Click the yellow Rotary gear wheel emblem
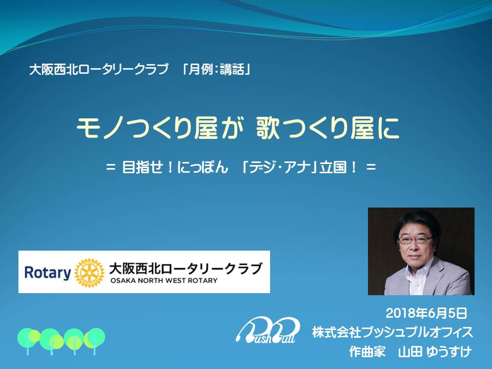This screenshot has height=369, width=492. pos(89,273)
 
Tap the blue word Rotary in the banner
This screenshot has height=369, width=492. pos(48,273)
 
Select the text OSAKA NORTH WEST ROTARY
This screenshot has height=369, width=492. pos(164,280)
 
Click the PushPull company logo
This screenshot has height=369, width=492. pos(268,330)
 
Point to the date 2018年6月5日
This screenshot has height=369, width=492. pos(426,313)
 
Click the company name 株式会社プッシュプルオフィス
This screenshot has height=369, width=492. pos(393,332)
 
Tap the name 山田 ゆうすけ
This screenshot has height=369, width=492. pos(435,352)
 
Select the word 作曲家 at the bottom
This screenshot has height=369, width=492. pos(367,352)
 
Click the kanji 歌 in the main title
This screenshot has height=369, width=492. pos(268,128)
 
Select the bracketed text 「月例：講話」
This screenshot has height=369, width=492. pos(216,69)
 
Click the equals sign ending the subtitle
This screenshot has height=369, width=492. pos(371,167)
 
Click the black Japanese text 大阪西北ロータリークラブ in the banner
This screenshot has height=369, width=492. pos(186,269)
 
